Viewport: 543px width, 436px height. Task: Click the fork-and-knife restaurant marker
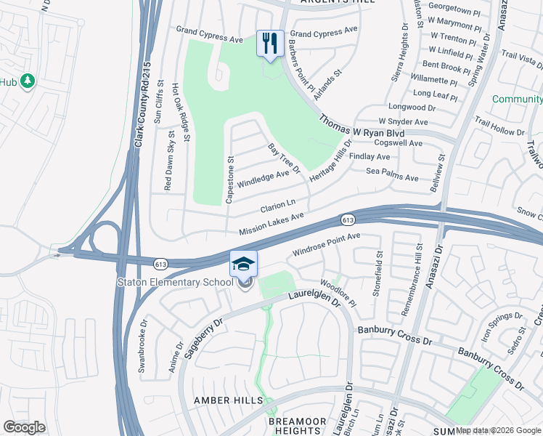coord(270,44)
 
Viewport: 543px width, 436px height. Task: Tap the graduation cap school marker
coord(244,264)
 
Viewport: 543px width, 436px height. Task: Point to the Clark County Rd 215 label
coord(142,105)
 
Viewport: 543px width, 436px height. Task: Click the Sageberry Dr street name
coord(203,325)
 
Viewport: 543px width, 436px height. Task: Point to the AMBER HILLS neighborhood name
coord(221,401)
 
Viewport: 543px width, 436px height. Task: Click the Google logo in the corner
coord(25,427)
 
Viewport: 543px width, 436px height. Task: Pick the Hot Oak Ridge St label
coord(180,112)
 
